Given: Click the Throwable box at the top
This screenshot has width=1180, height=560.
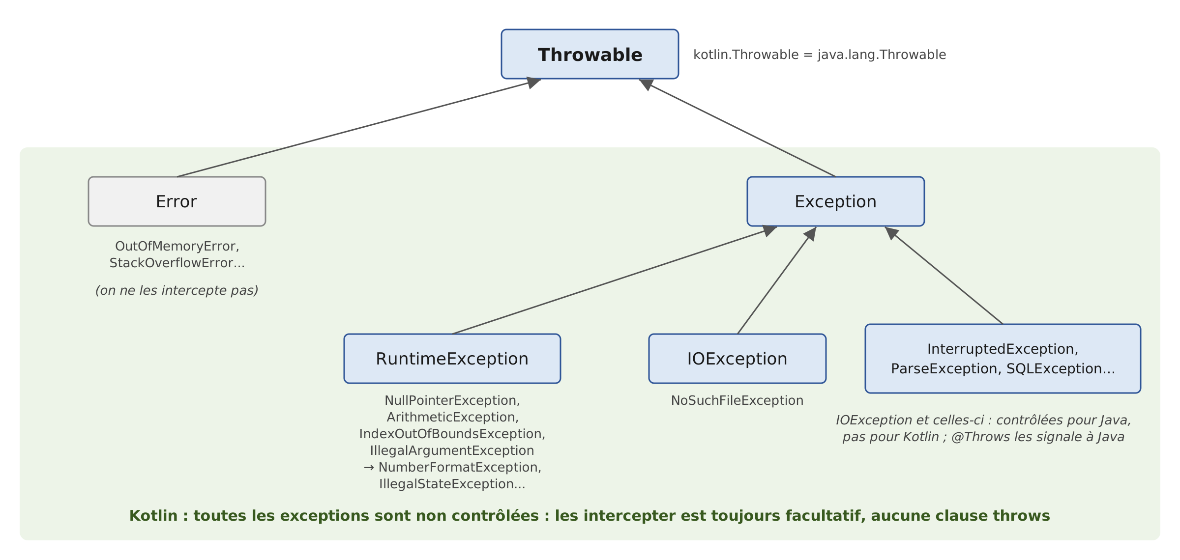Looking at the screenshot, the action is coord(590,54).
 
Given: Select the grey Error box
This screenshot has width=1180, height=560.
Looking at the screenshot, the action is coord(177,201).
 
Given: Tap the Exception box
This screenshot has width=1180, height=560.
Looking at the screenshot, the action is coord(836,201).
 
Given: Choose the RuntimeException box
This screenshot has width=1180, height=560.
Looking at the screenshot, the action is coord(452,359).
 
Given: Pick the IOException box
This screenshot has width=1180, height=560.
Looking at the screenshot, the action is coord(737,359).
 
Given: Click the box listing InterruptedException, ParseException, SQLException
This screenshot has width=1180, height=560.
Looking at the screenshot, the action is coord(1003,359).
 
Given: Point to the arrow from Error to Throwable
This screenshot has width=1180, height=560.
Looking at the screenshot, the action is coord(359,128).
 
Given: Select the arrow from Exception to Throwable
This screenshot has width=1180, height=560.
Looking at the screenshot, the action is coord(737,128).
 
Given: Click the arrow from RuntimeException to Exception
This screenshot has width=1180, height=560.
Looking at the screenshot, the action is coord(615,280).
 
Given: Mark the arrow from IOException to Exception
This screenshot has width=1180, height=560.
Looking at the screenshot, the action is coord(777,280).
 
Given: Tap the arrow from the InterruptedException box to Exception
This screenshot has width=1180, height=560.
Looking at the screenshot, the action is coord(944,275).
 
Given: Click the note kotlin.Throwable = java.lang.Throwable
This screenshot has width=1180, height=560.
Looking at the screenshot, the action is coord(820,55).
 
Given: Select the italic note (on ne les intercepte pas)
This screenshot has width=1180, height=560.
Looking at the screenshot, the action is coord(177,290).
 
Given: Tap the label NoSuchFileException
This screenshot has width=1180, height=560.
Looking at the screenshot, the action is coord(737,400).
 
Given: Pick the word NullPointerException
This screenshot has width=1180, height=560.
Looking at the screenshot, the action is coord(450,400).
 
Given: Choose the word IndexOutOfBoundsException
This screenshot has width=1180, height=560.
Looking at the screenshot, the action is coord(450,434).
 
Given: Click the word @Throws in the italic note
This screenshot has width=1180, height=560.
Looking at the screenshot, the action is coord(975,437).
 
